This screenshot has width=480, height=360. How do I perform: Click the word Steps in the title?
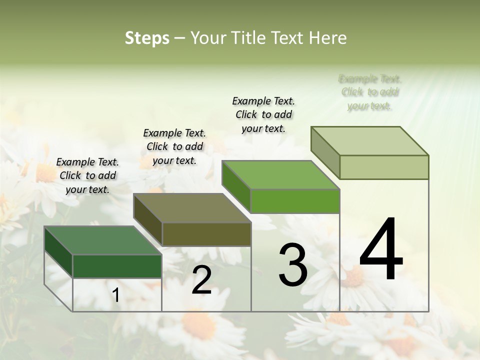pos(147,38)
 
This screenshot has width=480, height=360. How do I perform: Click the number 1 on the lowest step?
pos(116,295)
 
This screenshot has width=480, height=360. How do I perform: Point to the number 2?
pos(201,280)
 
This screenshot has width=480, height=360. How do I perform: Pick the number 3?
pos(292,265)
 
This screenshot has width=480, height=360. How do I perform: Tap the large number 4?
pos(381,250)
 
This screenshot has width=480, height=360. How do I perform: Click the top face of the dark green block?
pos(103,240)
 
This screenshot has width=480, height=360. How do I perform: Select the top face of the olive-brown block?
pos(192,208)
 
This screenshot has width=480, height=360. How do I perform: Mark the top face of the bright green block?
pos(281,175)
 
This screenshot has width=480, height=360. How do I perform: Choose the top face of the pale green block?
pos(370,141)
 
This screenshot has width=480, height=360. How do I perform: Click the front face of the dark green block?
pos(117,266)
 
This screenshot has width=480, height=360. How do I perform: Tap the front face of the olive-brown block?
pos(206,234)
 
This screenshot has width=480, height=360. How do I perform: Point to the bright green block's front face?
pos(295,201)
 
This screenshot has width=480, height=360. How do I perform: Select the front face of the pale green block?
pos(384,167)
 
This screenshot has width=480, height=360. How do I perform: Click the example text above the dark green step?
pos(87,175)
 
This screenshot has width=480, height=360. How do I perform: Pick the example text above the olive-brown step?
pos(174,146)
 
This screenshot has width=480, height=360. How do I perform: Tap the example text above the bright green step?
pos(263,114)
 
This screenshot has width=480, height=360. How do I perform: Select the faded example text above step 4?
pos(370,92)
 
